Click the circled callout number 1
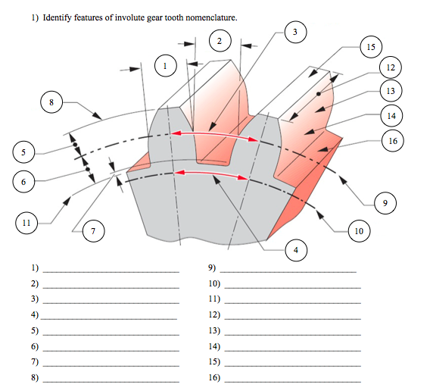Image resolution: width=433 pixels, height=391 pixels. (165, 67)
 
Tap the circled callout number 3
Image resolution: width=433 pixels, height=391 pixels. (294, 31)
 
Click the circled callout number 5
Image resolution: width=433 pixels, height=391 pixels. (23, 152)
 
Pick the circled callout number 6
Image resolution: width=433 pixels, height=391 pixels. (23, 182)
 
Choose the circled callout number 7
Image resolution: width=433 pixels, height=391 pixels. (92, 231)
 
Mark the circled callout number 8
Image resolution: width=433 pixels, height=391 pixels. (51, 102)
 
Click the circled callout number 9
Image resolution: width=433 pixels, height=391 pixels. (385, 203)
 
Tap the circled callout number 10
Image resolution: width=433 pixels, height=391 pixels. (360, 230)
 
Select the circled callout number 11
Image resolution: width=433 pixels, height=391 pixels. (26, 223)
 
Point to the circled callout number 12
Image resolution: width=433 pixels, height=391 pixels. (390, 67)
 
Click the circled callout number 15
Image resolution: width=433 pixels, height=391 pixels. (370, 47)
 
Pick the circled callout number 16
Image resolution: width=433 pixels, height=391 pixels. (392, 141)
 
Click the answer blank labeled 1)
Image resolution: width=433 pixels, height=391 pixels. (111, 269)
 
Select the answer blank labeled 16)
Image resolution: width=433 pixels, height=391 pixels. (292, 378)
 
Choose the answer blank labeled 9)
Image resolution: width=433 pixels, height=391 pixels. (288, 269)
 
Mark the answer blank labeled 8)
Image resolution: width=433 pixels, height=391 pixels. (111, 378)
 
